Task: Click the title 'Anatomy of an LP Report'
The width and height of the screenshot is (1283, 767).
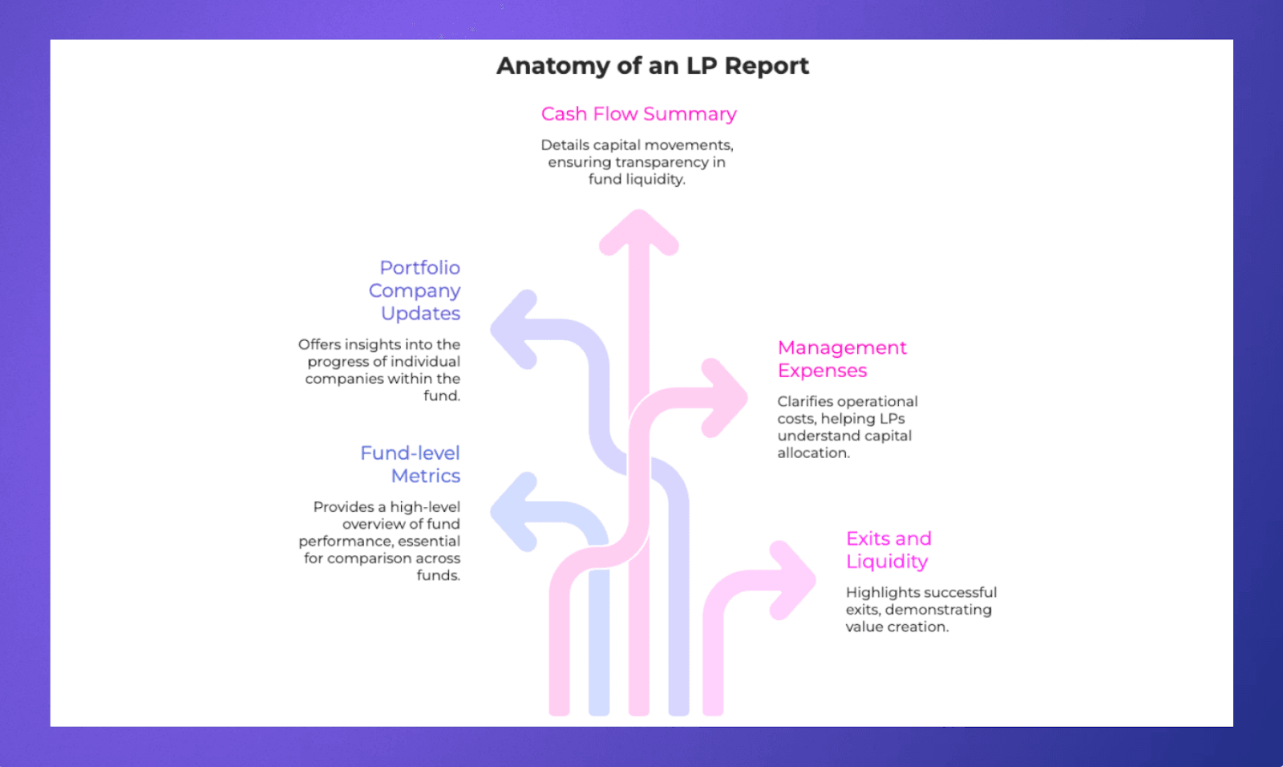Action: coord(652,66)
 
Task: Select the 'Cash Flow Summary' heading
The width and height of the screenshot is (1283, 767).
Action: coord(638,114)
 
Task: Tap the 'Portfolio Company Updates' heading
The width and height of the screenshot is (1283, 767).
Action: coord(415,290)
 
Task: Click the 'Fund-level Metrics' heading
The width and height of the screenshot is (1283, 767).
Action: coord(411,464)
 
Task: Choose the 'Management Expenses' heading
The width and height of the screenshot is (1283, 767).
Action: coord(841,359)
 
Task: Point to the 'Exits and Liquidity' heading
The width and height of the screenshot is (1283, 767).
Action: coord(888,550)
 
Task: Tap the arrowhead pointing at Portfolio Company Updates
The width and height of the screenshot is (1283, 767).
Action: coord(513,329)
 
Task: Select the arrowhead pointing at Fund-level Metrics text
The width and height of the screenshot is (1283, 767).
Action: coord(513,511)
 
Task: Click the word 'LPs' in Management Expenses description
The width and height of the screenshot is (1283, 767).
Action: coord(890,419)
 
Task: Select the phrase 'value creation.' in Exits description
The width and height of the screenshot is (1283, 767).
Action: coord(896,627)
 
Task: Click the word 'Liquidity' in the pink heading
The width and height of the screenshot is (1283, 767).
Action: coord(887,562)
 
